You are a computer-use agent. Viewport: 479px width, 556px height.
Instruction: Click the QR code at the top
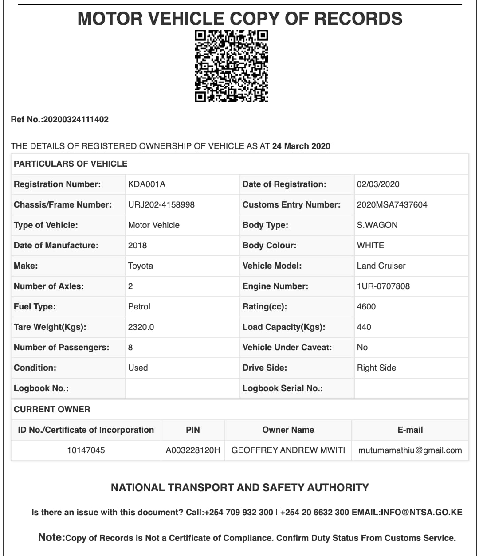click(x=232, y=66)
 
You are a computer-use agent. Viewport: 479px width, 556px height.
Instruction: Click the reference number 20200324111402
click(x=76, y=119)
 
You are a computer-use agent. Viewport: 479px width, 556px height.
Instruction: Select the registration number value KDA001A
click(x=146, y=184)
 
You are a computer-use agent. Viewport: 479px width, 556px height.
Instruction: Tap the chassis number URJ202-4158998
click(x=161, y=204)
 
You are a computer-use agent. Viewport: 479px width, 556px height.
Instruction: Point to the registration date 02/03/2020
click(x=378, y=184)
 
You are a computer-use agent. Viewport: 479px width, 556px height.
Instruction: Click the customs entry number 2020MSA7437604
click(x=392, y=204)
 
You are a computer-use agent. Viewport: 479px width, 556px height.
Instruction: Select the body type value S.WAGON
click(x=377, y=225)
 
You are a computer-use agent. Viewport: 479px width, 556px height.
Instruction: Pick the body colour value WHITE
click(x=370, y=245)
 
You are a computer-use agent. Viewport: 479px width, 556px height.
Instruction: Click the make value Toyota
click(x=140, y=266)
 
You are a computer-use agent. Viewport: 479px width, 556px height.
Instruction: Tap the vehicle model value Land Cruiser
click(x=381, y=266)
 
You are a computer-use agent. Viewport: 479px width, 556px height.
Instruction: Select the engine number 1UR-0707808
click(x=383, y=286)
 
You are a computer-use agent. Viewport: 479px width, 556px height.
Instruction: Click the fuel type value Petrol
click(x=139, y=306)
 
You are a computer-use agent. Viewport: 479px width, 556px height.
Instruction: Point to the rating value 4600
click(x=366, y=306)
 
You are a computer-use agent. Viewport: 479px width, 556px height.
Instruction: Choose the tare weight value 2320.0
click(x=141, y=327)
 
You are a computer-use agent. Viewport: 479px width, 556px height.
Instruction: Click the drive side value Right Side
click(x=376, y=368)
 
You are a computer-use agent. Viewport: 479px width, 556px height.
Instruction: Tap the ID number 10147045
click(x=86, y=450)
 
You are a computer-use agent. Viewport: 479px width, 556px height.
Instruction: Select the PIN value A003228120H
click(x=192, y=450)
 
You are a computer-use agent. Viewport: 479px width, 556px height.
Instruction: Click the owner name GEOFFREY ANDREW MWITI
click(x=288, y=450)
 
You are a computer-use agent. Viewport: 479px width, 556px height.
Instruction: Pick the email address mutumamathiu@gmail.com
click(x=410, y=450)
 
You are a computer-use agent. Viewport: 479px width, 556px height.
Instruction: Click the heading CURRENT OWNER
click(x=52, y=409)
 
